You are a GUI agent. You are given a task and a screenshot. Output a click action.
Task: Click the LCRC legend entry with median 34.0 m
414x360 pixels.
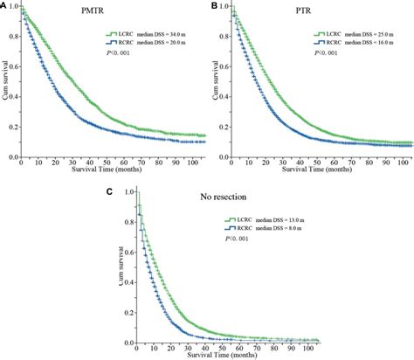click(x=141, y=34)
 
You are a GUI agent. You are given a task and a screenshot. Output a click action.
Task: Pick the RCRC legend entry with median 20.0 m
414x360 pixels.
click(x=141, y=45)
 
